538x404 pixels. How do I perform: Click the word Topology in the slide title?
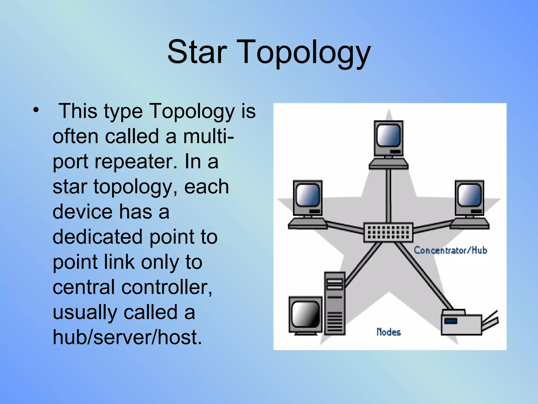click(305, 53)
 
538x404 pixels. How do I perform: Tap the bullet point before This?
click(36, 110)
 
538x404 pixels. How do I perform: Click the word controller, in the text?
click(167, 287)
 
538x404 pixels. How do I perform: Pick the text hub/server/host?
click(127, 337)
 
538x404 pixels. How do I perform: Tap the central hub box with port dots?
click(388, 232)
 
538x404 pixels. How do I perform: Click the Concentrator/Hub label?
click(450, 250)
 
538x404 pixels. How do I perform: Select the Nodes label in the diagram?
click(389, 332)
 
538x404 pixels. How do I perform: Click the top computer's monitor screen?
click(389, 135)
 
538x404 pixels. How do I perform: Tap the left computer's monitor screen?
click(308, 195)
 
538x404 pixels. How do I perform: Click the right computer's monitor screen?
click(469, 195)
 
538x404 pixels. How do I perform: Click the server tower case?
click(334, 304)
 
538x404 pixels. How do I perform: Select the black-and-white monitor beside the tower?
click(306, 315)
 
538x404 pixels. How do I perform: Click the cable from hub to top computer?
click(389, 196)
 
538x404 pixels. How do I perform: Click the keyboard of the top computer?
click(389, 165)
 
